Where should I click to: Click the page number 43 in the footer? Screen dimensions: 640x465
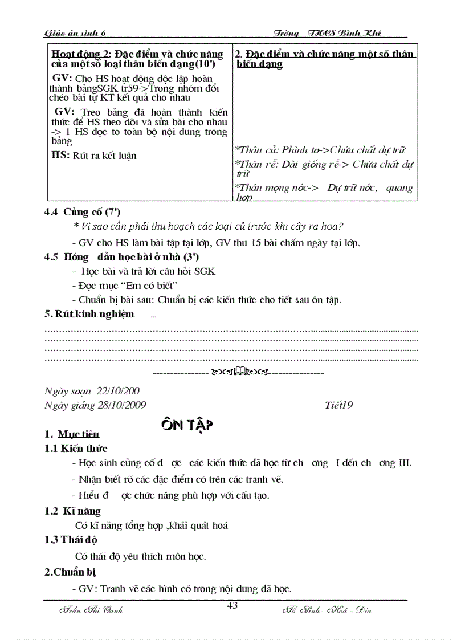coord(232,605)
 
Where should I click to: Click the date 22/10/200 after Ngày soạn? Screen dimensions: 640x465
coord(119,391)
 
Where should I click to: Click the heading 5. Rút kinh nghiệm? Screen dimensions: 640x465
coord(89,313)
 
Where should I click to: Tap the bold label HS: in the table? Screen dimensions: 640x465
coord(61,155)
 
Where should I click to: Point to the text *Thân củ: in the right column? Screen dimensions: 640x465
coord(256,150)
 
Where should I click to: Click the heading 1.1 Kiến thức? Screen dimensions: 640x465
coord(76,449)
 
